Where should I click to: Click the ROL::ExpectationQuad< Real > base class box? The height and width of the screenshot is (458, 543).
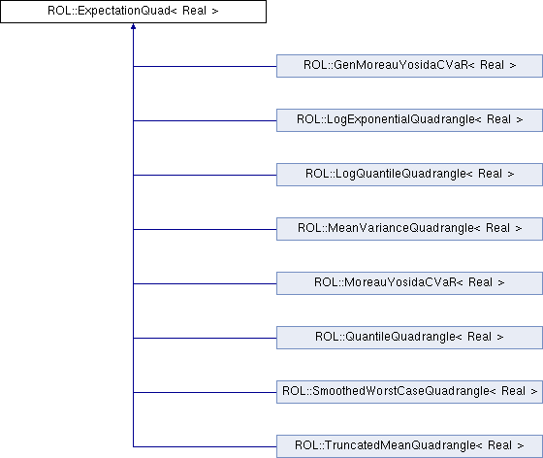(x=134, y=12)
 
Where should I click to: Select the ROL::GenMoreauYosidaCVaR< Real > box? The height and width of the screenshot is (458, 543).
(x=409, y=66)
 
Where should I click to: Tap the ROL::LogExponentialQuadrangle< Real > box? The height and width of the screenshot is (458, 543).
(x=409, y=120)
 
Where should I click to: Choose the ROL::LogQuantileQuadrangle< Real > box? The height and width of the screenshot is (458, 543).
(x=409, y=175)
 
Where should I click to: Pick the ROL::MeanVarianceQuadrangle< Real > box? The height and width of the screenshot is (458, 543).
(x=409, y=229)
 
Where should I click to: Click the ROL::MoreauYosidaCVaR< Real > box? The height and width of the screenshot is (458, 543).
(x=409, y=283)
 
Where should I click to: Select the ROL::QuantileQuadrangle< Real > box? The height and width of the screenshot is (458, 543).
(x=409, y=338)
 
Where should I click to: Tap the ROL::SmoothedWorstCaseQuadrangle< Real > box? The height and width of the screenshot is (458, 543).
(x=409, y=392)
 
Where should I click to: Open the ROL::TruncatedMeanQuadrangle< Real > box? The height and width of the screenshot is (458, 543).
(x=409, y=446)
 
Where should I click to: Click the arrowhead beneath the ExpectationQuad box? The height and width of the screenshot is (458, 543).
(x=133, y=26)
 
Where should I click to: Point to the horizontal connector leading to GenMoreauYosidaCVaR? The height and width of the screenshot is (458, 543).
(x=205, y=66)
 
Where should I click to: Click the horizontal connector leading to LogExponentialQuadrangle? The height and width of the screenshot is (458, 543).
(x=205, y=120)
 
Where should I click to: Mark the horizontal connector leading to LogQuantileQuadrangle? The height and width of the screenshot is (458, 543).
(x=205, y=175)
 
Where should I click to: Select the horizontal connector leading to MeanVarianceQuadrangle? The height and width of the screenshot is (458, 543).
(x=205, y=229)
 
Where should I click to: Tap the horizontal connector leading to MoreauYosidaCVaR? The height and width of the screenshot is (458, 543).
(x=205, y=283)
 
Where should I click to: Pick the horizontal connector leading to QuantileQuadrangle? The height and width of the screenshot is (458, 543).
(x=205, y=338)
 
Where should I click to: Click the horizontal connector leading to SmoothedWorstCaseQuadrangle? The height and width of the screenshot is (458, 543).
(x=205, y=393)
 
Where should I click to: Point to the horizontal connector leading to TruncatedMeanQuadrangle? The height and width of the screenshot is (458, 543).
(x=205, y=447)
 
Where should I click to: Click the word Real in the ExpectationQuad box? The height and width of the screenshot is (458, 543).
(x=194, y=11)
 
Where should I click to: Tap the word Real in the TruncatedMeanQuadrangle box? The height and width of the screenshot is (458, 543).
(x=499, y=445)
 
